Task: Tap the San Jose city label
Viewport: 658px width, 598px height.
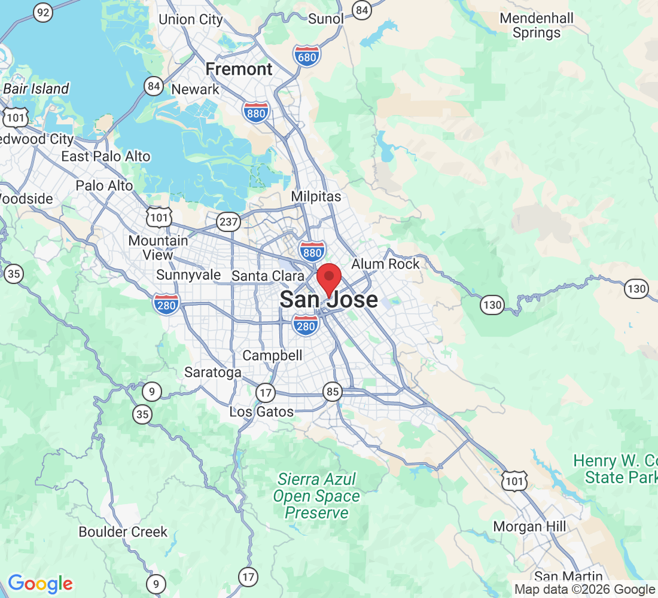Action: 328,300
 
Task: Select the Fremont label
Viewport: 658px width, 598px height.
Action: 239,69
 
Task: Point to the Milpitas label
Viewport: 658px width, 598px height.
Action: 316,196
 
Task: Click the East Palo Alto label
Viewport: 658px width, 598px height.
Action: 106,157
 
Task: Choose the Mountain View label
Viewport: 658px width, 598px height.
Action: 159,248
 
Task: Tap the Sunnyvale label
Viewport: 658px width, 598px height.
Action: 188,275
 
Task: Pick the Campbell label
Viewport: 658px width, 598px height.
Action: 272,356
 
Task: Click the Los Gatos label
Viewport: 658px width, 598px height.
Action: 261,411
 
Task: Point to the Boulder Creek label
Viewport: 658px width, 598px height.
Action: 123,532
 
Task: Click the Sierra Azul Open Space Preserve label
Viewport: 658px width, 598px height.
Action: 316,496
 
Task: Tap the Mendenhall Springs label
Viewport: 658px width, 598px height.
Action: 537,25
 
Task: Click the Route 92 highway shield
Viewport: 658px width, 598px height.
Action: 42,11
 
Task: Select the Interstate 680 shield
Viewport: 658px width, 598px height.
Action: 307,56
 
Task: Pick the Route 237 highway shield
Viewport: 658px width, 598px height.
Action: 229,222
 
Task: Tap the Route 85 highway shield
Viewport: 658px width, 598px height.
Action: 333,392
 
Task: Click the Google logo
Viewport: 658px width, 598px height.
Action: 40,584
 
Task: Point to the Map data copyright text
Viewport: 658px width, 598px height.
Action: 584,590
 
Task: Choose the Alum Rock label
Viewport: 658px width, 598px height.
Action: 385,264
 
